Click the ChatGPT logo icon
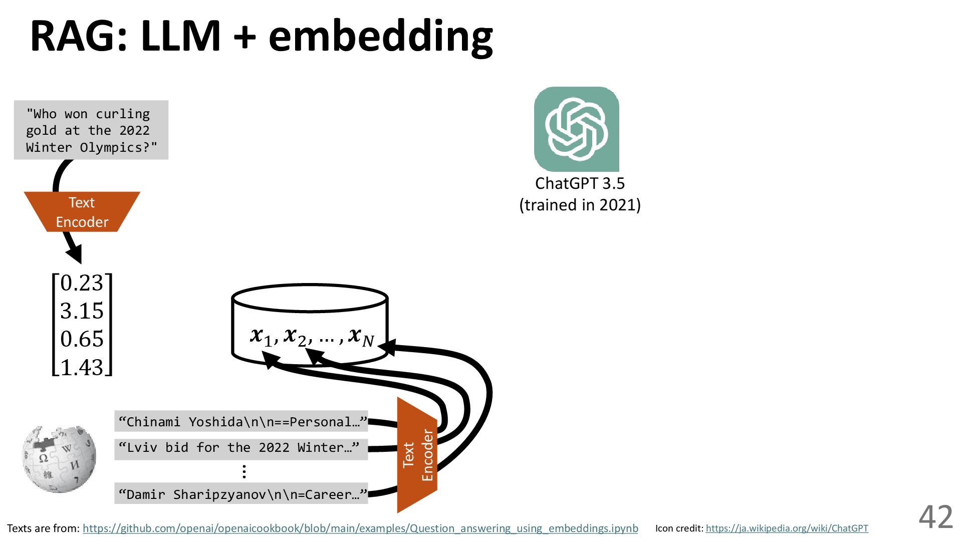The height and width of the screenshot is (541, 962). click(x=576, y=129)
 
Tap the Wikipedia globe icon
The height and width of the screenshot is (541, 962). click(x=59, y=458)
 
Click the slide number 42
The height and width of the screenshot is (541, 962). click(x=935, y=517)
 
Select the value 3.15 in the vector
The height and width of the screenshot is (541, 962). click(x=82, y=311)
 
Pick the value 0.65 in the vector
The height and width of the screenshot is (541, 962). click(x=82, y=339)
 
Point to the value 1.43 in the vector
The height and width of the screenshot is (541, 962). click(x=82, y=367)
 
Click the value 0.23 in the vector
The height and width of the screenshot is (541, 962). click(x=82, y=283)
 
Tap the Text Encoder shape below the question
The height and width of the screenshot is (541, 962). click(x=82, y=212)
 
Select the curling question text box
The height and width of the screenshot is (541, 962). click(x=91, y=130)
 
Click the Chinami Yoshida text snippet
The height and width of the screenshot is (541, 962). click(x=241, y=422)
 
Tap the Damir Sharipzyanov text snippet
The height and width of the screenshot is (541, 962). click(x=241, y=494)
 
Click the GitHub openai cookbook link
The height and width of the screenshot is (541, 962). click(x=360, y=528)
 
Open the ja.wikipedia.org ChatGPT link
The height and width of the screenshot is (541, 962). click(x=787, y=528)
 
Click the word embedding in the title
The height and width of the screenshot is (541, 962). click(x=381, y=36)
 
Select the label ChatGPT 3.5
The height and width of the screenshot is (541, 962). click(x=580, y=183)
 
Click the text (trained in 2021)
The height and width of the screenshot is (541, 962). click(x=580, y=205)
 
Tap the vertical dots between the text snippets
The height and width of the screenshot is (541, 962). click(x=244, y=471)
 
